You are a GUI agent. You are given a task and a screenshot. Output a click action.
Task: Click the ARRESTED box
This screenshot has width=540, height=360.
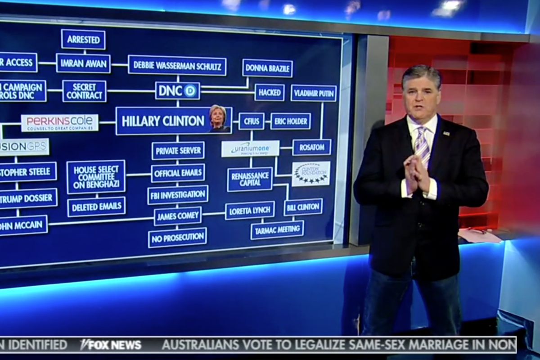pyautogui.click(x=83, y=40)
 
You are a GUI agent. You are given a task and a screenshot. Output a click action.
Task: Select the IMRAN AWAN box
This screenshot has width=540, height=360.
pyautogui.click(x=83, y=63)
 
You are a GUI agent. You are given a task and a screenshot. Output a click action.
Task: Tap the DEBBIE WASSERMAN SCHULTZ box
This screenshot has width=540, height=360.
pyautogui.click(x=177, y=66)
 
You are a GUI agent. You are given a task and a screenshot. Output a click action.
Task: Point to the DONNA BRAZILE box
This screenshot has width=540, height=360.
pyautogui.click(x=267, y=68)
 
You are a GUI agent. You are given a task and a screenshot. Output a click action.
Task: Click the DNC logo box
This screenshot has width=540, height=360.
pyautogui.click(x=178, y=91)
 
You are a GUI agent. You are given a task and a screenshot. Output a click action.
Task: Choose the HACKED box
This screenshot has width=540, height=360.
pyautogui.click(x=270, y=92)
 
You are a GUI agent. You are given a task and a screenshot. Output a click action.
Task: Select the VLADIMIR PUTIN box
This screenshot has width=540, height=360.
pyautogui.click(x=314, y=93)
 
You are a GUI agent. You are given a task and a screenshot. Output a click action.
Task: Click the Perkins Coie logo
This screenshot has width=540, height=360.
pyautogui.click(x=60, y=122)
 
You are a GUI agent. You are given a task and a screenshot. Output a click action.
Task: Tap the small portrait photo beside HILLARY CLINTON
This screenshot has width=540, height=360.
pyautogui.click(x=219, y=119)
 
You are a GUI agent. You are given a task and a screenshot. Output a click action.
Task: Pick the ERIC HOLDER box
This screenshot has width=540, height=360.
pyautogui.click(x=290, y=121)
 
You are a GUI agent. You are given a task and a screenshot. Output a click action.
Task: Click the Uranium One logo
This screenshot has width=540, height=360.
pyautogui.click(x=250, y=148)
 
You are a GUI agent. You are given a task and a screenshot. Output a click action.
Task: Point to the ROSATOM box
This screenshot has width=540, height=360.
pyautogui.click(x=311, y=147)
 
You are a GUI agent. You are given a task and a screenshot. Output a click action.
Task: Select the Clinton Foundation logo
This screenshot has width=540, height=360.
pyautogui.click(x=311, y=174)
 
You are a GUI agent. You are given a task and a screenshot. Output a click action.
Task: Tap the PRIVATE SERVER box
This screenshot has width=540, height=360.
pyautogui.click(x=178, y=151)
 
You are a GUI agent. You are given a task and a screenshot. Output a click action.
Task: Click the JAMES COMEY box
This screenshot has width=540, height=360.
pyautogui.click(x=177, y=216)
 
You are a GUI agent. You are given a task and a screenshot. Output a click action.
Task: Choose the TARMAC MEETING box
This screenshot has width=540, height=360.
pyautogui.click(x=277, y=230)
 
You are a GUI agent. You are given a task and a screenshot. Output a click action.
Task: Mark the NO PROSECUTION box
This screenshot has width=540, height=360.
pyautogui.click(x=177, y=237)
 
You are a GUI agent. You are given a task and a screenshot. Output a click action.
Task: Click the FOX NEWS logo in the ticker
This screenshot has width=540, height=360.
pyautogui.click(x=111, y=345)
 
